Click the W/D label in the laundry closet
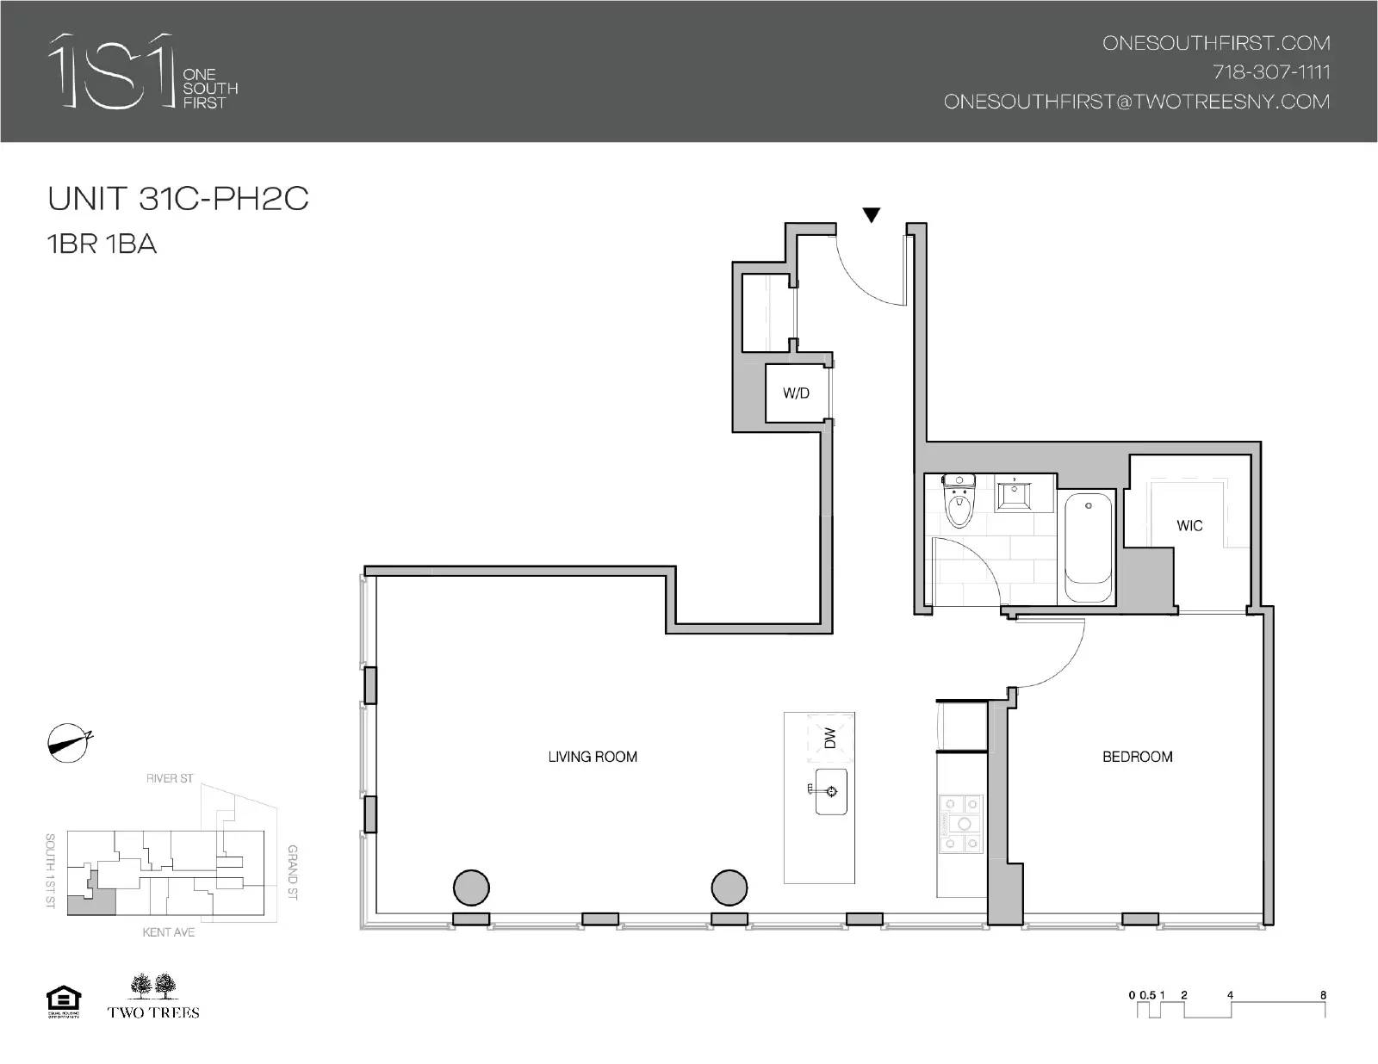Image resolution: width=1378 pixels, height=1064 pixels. [x=796, y=393]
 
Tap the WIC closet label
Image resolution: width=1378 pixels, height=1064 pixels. [x=1189, y=525]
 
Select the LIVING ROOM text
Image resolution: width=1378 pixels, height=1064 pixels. [x=593, y=757]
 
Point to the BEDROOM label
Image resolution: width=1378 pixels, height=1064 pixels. [x=1137, y=757]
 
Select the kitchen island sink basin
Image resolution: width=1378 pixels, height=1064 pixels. [x=830, y=791]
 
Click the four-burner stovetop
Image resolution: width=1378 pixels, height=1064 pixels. [x=960, y=823]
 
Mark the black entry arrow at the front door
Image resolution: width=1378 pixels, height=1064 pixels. [x=872, y=215]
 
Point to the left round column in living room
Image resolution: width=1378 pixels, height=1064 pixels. [x=471, y=888]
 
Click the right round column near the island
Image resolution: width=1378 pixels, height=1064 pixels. [x=729, y=888]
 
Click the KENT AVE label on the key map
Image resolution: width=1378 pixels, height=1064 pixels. [x=169, y=932]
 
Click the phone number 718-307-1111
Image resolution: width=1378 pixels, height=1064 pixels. [x=1271, y=71]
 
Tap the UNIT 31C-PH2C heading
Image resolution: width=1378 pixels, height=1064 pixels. [x=178, y=199]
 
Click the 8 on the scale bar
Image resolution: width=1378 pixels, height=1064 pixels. [x=1323, y=995]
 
